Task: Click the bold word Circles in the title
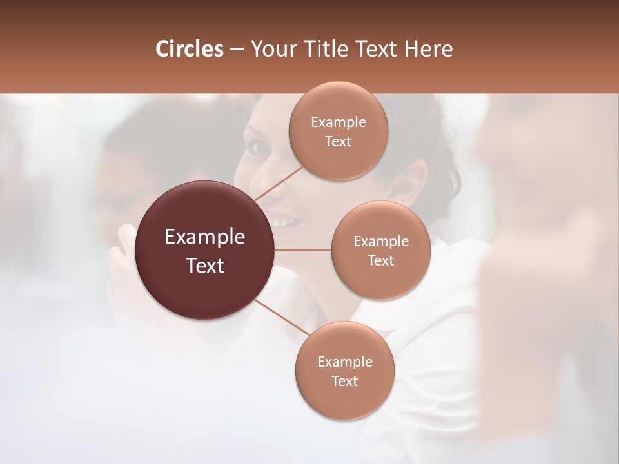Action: [190, 49]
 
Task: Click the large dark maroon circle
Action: [205, 250]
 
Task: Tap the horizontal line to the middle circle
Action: [303, 250]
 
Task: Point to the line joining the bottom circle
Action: [282, 317]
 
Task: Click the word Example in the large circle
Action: [205, 237]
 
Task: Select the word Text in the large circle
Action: [205, 266]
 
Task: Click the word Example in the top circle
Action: [338, 122]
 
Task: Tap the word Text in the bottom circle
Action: [344, 382]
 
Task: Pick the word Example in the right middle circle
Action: [381, 242]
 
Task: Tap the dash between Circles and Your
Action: [236, 50]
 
